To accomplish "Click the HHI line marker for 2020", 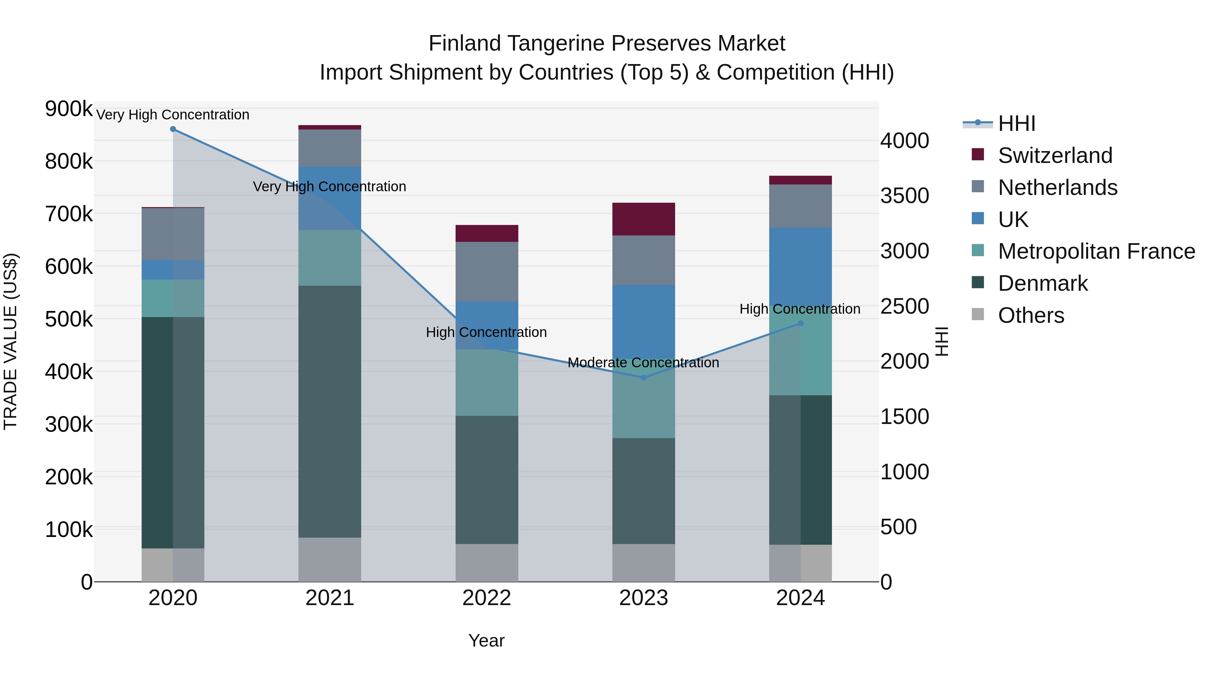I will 173,129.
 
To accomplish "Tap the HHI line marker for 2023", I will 644,377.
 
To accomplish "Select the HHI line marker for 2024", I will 800,323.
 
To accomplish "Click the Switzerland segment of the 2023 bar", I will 644,219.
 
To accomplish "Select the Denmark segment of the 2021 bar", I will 330,411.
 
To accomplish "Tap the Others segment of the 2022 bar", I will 487,563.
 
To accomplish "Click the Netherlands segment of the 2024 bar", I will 800,206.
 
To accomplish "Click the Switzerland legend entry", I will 1055,155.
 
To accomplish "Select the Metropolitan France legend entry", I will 1096,251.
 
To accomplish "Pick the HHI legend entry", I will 1016,123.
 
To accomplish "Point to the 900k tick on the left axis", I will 69,109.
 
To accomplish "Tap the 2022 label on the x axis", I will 487,598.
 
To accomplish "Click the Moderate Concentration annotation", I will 643,363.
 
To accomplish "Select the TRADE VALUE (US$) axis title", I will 10,341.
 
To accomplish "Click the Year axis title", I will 486,641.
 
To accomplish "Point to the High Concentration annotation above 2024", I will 800,309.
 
